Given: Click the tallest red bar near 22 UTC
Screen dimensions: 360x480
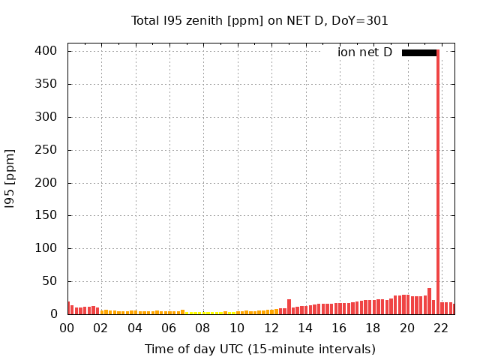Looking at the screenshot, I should [x=438, y=180].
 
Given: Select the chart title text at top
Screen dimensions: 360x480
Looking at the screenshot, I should [x=259, y=21].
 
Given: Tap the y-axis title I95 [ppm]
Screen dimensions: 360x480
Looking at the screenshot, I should [x=10, y=179].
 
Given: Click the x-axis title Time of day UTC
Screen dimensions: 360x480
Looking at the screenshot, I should [x=259, y=349].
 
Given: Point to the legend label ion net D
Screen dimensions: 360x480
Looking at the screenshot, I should [x=364, y=52].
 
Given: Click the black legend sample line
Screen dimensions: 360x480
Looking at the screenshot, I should [x=419, y=52].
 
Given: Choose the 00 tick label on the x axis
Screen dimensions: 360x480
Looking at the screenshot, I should [x=67, y=328].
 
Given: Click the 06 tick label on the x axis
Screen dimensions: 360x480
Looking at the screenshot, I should [x=169, y=328].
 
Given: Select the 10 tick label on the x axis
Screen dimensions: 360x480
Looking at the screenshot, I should [x=237, y=328].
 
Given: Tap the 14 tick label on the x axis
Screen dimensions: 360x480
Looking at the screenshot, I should [x=305, y=328].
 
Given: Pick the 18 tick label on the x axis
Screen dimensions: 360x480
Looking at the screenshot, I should [x=373, y=328].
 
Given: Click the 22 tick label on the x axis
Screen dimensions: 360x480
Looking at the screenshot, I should [x=442, y=328].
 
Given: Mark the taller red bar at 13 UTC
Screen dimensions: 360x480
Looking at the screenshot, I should [x=289, y=307].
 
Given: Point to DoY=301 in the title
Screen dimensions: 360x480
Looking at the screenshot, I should [x=361, y=21].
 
